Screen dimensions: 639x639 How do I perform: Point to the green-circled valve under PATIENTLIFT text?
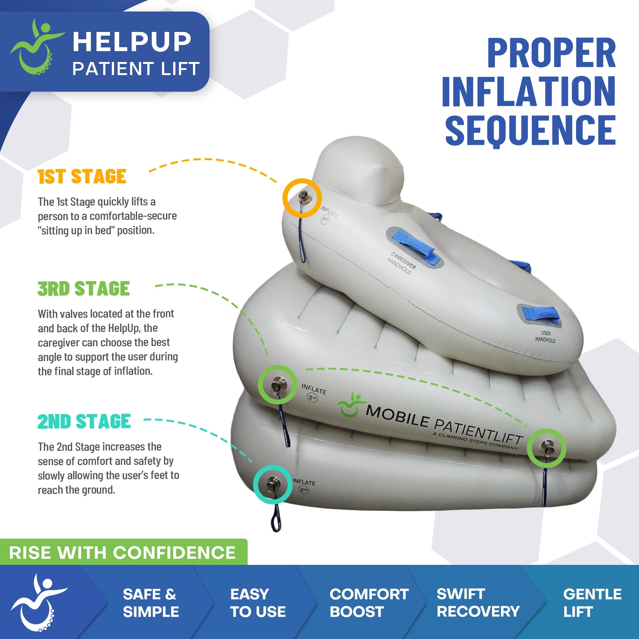[546, 448]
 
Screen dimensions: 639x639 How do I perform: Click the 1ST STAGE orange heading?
[82, 176]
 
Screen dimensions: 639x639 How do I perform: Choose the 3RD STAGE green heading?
[83, 289]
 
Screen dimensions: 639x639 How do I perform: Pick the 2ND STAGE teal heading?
[84, 421]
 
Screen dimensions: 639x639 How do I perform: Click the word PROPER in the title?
[551, 53]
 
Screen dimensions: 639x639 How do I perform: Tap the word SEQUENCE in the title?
[530, 131]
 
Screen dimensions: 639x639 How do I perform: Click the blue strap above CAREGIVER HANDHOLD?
[414, 245]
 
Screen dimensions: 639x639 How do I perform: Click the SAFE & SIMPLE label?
[150, 603]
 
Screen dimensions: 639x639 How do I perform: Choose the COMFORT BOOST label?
[369, 603]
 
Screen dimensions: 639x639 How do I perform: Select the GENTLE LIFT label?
[592, 603]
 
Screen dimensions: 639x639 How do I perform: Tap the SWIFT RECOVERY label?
[478, 603]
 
